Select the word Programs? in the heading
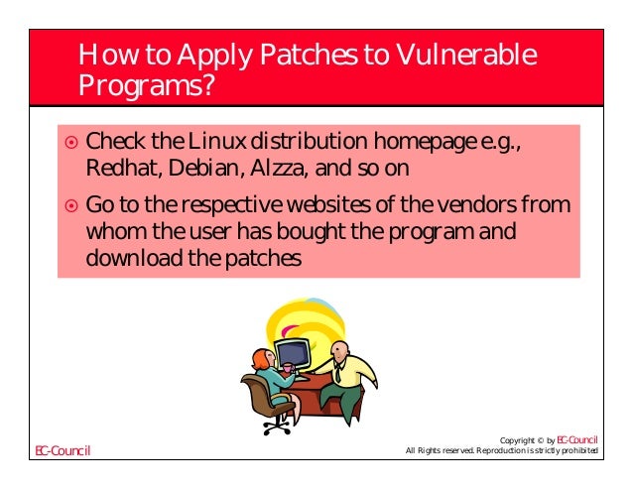[x=147, y=89]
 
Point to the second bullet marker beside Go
[x=69, y=207]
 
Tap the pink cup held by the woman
[x=287, y=368]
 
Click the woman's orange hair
[x=260, y=356]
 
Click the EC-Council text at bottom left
[x=62, y=452]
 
